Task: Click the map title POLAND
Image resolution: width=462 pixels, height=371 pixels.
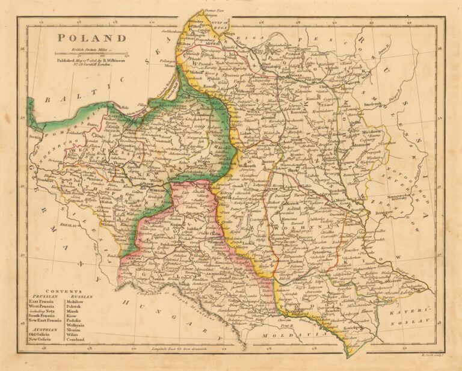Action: [93, 38]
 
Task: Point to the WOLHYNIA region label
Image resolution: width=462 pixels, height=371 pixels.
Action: [292, 228]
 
